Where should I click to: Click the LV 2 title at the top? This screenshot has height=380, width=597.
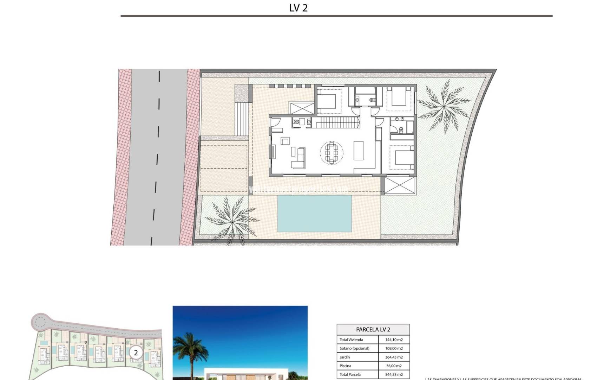coord(298,8)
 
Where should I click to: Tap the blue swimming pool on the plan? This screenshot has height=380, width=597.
coord(314,213)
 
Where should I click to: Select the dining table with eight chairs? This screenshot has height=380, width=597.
coord(332,153)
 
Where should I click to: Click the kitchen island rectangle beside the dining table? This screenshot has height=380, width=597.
coord(358,151)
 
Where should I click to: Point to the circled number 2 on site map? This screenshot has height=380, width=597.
coord(136,353)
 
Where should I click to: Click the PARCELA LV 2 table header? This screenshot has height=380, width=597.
coord(373,329)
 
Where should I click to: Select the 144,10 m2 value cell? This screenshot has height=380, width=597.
coord(394,340)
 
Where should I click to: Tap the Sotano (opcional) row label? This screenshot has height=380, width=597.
coord(354,348)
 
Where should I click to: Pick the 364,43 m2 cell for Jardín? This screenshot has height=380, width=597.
coord(394,357)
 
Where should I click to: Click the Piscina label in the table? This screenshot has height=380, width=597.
coord(345,366)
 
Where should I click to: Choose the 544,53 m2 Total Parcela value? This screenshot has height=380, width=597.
coord(394,375)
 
